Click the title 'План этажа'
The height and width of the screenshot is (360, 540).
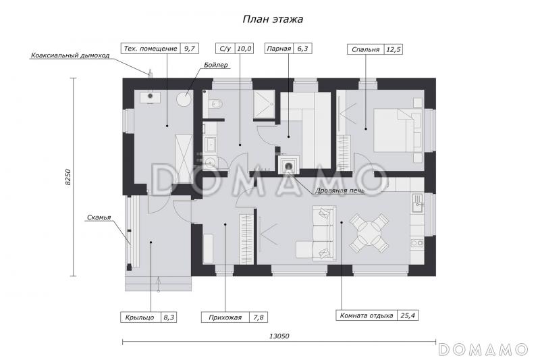[x=273, y=20]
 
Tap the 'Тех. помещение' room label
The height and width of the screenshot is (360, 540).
[x=151, y=49]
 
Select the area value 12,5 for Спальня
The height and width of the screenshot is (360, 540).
[x=394, y=49]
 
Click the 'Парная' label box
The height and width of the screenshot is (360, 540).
[x=279, y=49]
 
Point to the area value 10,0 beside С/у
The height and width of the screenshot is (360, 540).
[x=244, y=49]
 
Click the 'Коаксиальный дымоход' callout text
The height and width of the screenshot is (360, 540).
[x=70, y=55]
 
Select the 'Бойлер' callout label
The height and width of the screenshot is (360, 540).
[x=216, y=65]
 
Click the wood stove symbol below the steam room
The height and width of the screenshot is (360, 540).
[x=289, y=165]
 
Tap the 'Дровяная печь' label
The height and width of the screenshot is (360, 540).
[x=340, y=190]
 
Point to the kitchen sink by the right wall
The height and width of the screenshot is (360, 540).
[x=417, y=203]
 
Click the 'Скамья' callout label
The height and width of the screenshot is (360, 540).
[x=99, y=217]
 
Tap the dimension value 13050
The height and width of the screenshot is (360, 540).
[x=279, y=336]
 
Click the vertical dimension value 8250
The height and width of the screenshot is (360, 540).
[x=68, y=177]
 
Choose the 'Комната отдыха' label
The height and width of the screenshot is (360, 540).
[x=367, y=315]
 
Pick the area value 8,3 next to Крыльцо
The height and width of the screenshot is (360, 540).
[x=169, y=317]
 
